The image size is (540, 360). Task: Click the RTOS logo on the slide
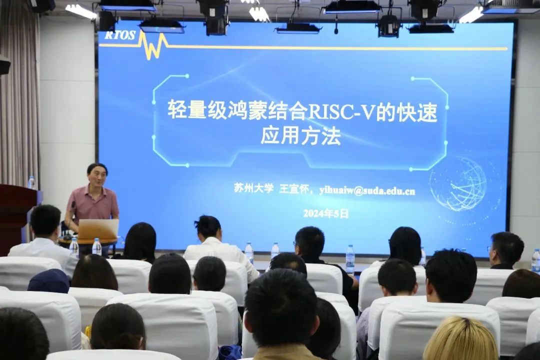click(x=120, y=35)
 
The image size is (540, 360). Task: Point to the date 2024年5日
click(x=325, y=213)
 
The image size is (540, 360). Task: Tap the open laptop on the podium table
click(x=98, y=229)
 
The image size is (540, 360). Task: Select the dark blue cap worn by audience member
click(x=48, y=281)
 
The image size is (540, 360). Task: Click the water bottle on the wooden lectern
click(x=31, y=182)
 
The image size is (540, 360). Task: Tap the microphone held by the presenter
click(x=73, y=206)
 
